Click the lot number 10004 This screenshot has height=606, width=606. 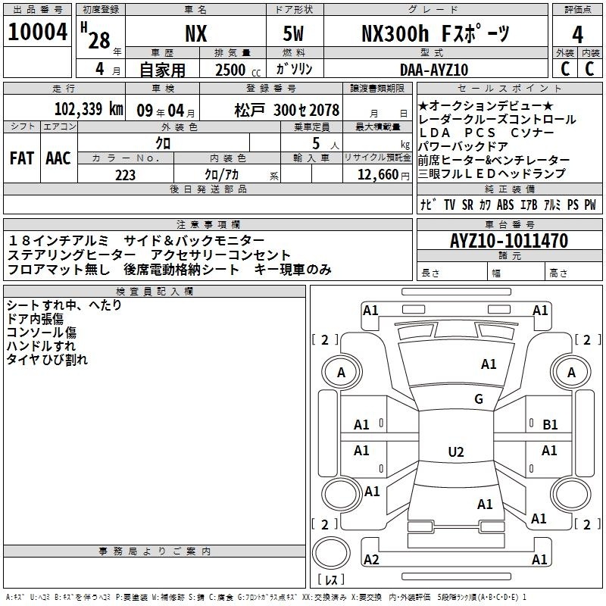coord(37,32)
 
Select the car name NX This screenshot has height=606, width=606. coord(196,33)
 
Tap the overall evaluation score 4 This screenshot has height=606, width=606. coord(577,35)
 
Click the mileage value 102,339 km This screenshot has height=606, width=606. coord(89,109)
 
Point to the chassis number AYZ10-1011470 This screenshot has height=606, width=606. coord(509,240)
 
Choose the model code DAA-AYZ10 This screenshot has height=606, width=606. coord(434,70)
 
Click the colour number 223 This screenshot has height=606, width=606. coord(125,175)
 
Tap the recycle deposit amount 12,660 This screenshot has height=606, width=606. coord(377,175)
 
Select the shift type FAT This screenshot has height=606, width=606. coord(22,158)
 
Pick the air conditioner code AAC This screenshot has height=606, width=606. coord(58,158)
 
